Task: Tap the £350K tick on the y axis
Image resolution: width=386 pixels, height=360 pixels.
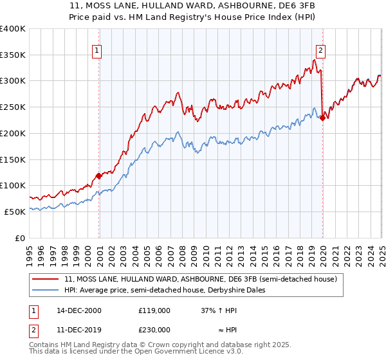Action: [12, 55]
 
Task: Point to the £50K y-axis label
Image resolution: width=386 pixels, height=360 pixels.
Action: [15, 212]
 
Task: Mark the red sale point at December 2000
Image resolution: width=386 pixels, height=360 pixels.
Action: [98, 175]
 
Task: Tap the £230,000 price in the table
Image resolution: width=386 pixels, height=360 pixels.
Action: [154, 329]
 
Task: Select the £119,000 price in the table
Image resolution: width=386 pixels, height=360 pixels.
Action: [154, 310]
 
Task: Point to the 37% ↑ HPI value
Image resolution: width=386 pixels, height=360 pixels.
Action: [219, 310]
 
